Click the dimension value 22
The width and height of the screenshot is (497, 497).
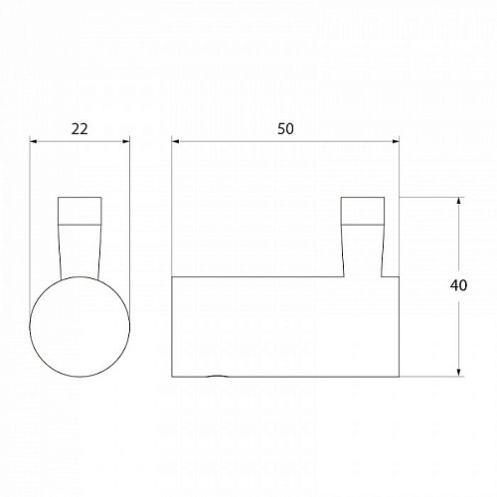click(81, 128)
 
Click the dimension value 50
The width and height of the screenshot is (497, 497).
click(286, 128)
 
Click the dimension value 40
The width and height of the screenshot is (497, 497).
click(458, 286)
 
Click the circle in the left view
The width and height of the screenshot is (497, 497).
click(81, 328)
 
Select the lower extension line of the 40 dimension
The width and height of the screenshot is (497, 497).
click(427, 379)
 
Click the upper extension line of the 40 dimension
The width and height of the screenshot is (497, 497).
click(427, 198)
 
